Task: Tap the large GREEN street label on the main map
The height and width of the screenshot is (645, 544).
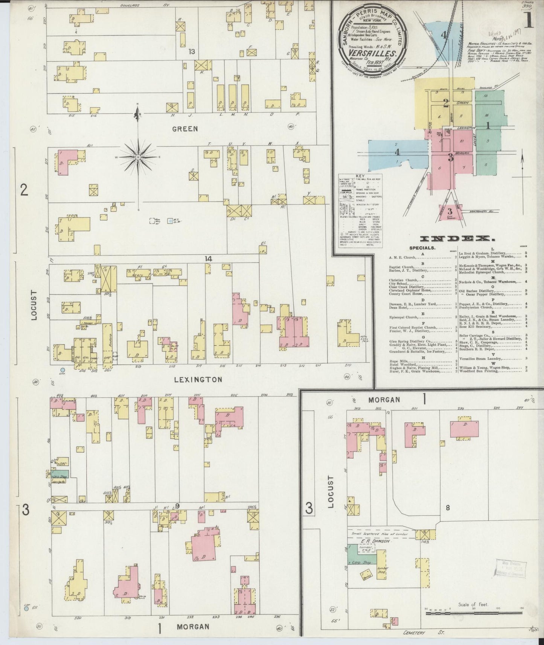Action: (185, 129)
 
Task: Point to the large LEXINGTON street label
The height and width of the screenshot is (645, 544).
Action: (198, 379)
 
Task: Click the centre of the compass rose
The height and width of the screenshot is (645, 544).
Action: (138, 157)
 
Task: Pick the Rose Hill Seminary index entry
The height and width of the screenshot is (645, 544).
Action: (474, 327)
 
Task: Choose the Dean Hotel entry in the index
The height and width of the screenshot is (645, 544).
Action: (399, 307)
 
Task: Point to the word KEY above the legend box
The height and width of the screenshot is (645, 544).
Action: (361, 176)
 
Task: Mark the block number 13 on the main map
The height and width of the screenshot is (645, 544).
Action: (192, 52)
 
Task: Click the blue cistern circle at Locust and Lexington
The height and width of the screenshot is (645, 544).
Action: (62, 370)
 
